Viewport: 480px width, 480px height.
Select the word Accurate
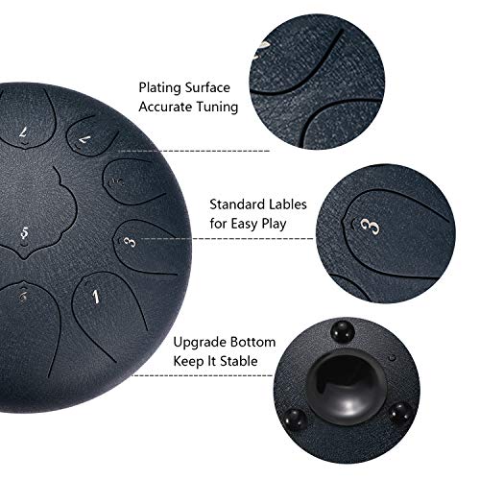167,108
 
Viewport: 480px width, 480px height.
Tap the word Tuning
218,108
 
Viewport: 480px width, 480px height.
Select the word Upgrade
199,343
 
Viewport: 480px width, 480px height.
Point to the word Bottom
253,343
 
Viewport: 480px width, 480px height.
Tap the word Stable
255,362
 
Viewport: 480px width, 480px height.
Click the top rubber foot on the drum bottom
338,332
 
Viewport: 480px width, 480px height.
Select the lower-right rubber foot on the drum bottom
401,414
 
